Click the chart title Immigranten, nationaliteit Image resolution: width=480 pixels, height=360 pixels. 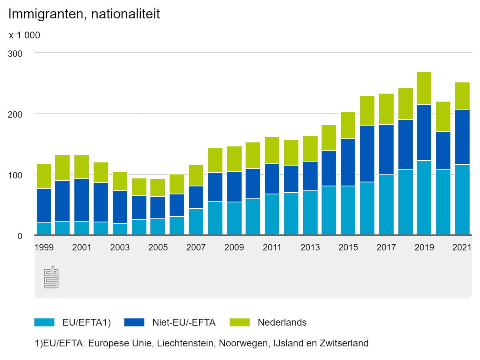click(84, 14)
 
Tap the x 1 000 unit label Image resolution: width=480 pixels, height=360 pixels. click(24, 36)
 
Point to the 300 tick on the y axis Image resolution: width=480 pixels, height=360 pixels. click(15, 53)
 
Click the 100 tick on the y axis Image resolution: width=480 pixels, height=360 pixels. click(15, 175)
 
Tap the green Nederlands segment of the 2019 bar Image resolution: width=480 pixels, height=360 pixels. click(424, 88)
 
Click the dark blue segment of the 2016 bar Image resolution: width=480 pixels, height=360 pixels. click(367, 154)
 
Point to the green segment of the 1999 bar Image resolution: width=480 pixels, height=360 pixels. click(44, 176)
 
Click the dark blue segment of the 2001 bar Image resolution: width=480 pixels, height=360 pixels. click(82, 200)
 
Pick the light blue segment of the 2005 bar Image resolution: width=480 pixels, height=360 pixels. click(158, 226)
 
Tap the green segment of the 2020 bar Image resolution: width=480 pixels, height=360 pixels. click(443, 116)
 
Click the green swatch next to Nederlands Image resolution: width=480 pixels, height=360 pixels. click(240, 322)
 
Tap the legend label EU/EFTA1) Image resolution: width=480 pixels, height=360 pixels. click(86, 322)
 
